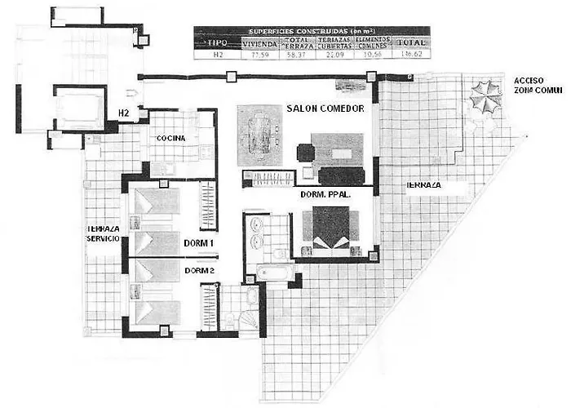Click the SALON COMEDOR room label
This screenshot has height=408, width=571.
325,108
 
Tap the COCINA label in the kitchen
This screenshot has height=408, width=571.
172,139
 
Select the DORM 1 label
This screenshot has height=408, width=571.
199,242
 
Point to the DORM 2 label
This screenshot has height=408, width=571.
199,270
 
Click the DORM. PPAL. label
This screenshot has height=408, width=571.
325,195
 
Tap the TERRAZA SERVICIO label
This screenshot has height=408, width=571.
104,233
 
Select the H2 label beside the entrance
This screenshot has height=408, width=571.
124,113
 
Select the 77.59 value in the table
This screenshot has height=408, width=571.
261,55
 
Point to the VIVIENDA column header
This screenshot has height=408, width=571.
261,43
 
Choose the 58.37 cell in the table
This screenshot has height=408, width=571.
298,55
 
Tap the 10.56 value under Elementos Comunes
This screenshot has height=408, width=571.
374,55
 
